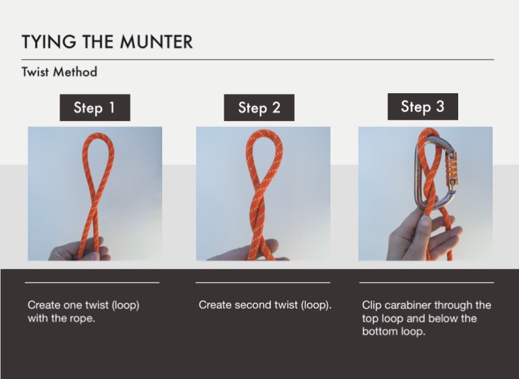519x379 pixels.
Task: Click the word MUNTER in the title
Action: (x=156, y=42)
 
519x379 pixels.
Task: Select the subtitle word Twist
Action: (x=35, y=72)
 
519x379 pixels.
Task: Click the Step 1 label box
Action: (x=95, y=107)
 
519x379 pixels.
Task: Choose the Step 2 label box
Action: (x=259, y=107)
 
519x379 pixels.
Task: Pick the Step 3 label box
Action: (x=423, y=107)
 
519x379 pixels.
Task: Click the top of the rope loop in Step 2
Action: (x=264, y=132)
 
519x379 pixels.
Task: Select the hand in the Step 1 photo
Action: (x=80, y=249)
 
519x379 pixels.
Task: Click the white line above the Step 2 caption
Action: (x=263, y=282)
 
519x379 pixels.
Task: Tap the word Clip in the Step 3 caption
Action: (x=370, y=305)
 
